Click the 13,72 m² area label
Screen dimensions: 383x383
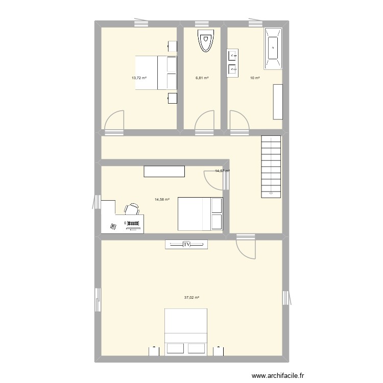tap(139, 78)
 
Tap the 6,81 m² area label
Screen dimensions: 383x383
tap(203, 78)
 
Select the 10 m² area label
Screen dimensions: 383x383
tap(254, 78)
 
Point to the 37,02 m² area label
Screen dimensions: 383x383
tap(192, 298)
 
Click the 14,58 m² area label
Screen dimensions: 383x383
tap(162, 200)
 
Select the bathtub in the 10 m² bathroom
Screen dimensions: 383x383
tap(273, 49)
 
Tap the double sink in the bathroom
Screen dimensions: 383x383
tap(232, 63)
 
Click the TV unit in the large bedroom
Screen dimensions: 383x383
tap(186, 245)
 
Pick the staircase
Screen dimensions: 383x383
tap(271, 166)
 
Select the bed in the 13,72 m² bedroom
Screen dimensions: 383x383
tap(156, 72)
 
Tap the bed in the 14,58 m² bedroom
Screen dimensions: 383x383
tap(200, 214)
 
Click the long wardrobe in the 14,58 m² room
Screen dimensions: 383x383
tap(164, 172)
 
